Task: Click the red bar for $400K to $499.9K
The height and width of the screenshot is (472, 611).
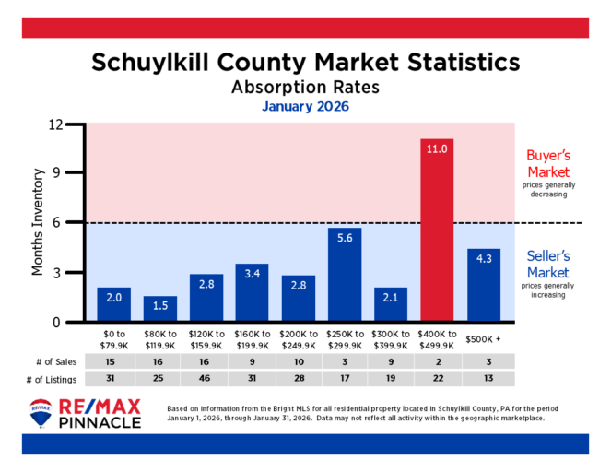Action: [437, 230]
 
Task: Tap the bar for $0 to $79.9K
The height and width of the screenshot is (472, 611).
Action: [114, 305]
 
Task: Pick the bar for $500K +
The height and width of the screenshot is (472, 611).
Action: [483, 286]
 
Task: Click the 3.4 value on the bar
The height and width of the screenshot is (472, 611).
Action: [253, 273]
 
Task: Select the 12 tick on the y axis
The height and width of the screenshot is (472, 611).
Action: [55, 124]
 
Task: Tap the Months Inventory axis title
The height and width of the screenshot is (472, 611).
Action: [38, 222]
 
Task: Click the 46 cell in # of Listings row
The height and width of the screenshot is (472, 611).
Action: [206, 379]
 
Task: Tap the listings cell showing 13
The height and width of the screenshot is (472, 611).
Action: [483, 379]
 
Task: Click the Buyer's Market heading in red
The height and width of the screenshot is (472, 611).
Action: [547, 164]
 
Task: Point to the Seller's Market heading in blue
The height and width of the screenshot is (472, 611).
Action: [547, 265]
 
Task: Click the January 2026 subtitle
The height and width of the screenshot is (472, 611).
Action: [305, 106]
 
